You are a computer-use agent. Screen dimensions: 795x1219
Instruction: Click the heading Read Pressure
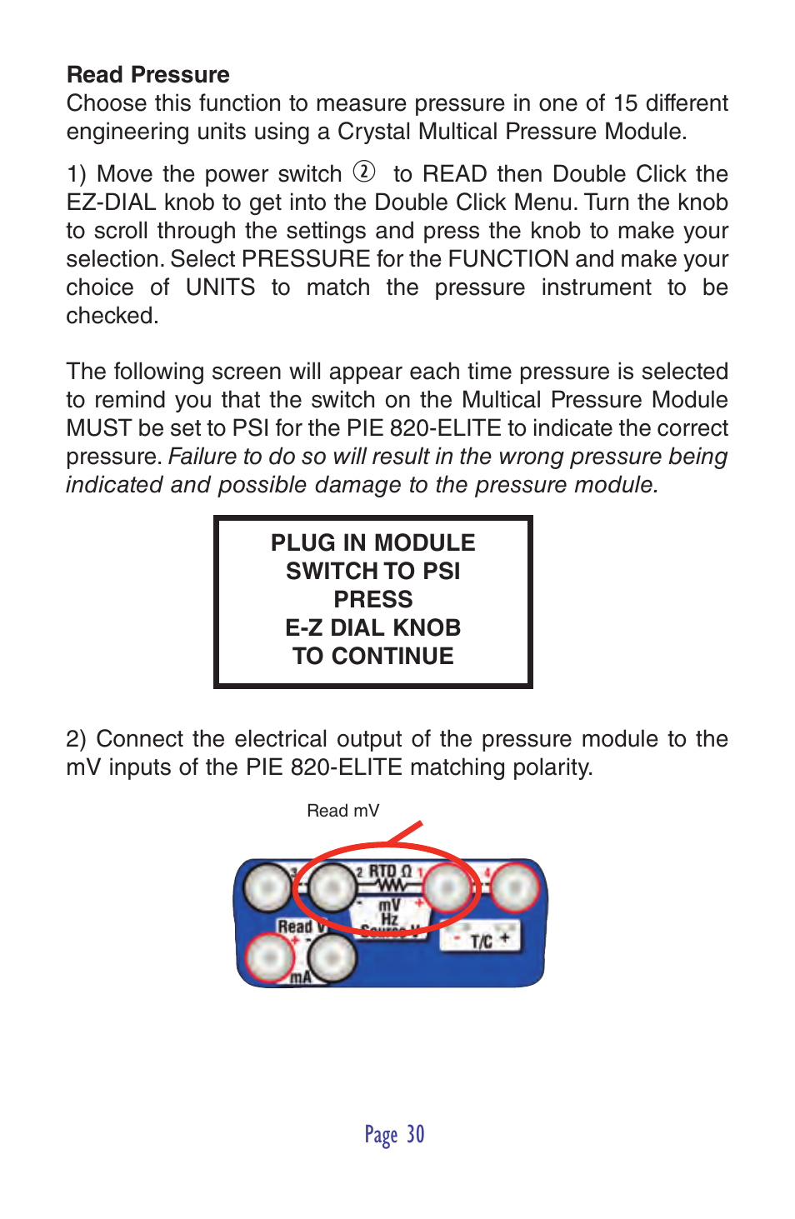pos(147,75)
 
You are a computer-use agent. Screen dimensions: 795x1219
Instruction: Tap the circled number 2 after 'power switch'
pos(364,172)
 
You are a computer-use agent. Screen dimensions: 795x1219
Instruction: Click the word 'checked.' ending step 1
pos(112,316)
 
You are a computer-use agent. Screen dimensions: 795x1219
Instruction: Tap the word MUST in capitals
pos(98,428)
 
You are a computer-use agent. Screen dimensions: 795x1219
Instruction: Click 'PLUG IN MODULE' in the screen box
pos(372,543)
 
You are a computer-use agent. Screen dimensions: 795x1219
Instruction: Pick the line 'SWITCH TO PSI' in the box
pos(372,572)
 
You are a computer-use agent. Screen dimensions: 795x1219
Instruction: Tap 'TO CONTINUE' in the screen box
pos(372,657)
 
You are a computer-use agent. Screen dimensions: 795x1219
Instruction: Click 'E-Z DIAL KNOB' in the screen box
pos(372,628)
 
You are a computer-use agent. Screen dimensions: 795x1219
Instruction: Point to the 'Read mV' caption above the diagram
pos(342,811)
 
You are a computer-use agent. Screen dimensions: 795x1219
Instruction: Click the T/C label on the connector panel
pos(481,942)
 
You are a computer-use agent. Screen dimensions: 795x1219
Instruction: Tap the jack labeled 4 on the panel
pos(514,889)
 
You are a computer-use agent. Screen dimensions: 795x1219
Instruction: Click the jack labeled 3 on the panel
pos(267,888)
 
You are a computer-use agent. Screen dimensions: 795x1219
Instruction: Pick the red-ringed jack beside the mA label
pos(268,958)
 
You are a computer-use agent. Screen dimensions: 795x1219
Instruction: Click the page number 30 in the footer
pos(415,1135)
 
